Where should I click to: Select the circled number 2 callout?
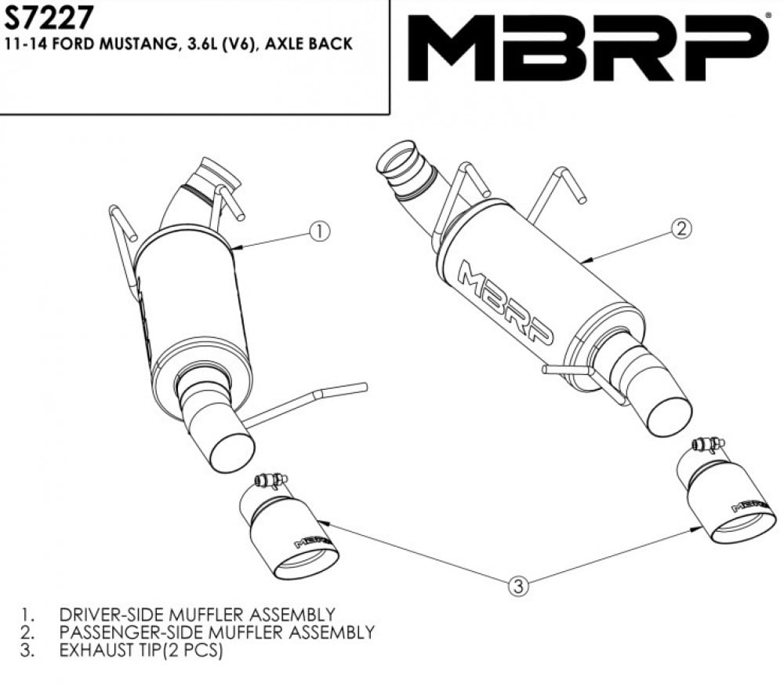[681, 228]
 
